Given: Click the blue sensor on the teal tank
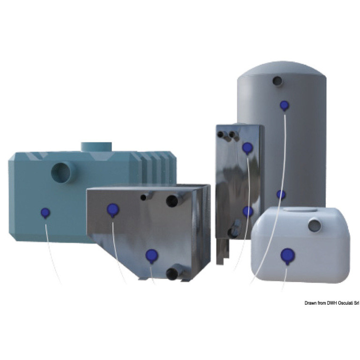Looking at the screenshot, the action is pos(45,213).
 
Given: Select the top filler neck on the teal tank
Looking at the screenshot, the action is pos(96,147).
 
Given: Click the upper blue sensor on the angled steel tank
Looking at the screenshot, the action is pos(112,210).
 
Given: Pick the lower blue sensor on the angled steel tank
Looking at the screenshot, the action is pos(152,255).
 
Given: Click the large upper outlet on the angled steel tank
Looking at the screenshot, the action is pos(174,200).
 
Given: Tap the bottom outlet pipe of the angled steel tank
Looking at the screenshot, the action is pos(174,274).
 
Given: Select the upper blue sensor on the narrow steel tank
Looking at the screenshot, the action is pos(247,148).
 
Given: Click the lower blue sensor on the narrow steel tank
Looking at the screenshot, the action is pos(247,211).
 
